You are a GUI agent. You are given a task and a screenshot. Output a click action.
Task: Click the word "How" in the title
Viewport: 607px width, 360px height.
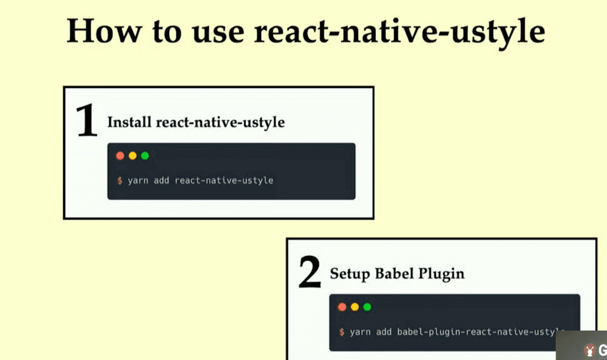click(104, 31)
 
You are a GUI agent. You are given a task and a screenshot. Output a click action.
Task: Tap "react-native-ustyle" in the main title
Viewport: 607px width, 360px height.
click(400, 33)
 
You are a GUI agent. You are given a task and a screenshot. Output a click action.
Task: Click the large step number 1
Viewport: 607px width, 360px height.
click(87, 120)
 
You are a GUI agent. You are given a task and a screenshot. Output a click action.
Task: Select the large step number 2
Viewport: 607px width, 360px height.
click(310, 271)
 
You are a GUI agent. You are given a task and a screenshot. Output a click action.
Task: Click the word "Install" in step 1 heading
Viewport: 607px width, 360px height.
click(129, 122)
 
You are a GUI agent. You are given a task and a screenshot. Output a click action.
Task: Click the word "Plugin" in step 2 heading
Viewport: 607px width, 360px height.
click(441, 274)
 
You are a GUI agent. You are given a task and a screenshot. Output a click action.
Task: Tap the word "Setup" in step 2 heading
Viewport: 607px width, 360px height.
click(350, 274)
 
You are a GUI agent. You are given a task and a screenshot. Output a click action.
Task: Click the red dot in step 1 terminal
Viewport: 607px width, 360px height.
click(120, 156)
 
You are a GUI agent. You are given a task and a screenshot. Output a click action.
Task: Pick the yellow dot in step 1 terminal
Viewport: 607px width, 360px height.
click(133, 156)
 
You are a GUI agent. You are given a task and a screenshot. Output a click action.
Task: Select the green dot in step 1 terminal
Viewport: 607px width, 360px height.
click(145, 156)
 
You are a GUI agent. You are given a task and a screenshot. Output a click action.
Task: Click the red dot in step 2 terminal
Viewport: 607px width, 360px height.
click(342, 307)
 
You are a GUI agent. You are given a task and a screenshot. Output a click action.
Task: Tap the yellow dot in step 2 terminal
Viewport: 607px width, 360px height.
click(355, 307)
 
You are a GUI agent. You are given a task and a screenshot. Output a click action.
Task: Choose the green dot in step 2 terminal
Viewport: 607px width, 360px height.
click(367, 307)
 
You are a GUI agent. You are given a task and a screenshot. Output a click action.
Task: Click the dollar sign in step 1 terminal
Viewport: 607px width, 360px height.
click(120, 181)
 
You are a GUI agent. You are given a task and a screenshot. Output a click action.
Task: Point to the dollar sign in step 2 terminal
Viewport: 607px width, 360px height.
click(342, 332)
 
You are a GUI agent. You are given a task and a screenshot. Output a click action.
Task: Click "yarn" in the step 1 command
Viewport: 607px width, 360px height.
click(138, 181)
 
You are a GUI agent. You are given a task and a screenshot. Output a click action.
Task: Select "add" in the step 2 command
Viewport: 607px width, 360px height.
click(384, 332)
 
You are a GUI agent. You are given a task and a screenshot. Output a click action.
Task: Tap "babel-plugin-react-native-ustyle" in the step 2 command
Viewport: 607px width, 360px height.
click(481, 332)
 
